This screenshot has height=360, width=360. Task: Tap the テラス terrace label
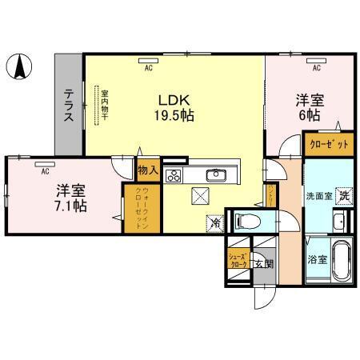tap(69, 104)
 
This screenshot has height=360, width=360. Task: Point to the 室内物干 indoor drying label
tap(104, 105)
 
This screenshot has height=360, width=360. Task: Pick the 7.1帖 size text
tap(71, 205)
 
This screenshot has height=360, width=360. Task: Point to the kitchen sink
tap(215, 176)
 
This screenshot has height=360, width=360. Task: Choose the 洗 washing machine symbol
tap(342, 194)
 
